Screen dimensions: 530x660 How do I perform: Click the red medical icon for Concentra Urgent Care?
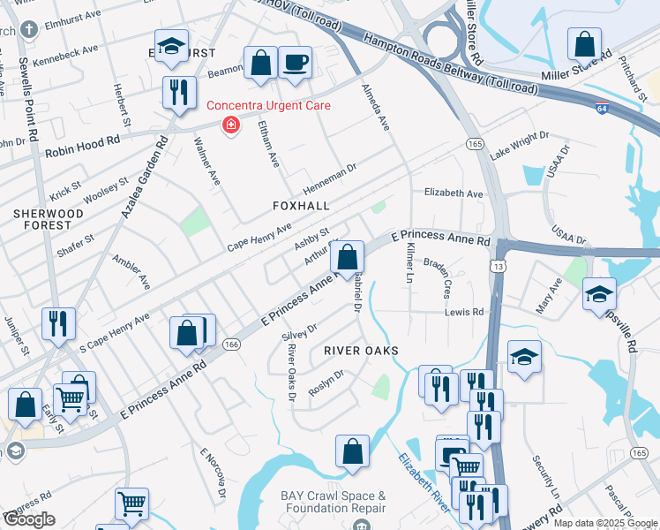coord(231,125)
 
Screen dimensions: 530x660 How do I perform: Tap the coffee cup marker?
coord(296,64)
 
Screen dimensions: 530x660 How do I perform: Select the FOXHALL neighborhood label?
coord(301,205)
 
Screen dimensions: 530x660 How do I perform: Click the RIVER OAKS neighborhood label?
coord(361,351)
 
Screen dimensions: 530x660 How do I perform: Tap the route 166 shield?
coord(232,344)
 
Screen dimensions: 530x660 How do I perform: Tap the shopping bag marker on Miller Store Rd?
coord(584,44)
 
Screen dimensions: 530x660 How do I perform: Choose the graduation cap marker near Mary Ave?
coord(599,294)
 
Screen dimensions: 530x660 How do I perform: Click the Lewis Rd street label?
coord(464,312)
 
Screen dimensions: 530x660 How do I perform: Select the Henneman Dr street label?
coord(329,178)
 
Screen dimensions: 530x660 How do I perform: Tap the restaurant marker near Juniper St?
coord(58,323)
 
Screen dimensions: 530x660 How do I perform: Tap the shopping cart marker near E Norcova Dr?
coord(131,504)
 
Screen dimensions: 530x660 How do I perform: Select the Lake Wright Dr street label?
coord(519,145)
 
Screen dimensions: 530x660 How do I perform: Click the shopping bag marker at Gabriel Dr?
coord(348,258)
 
